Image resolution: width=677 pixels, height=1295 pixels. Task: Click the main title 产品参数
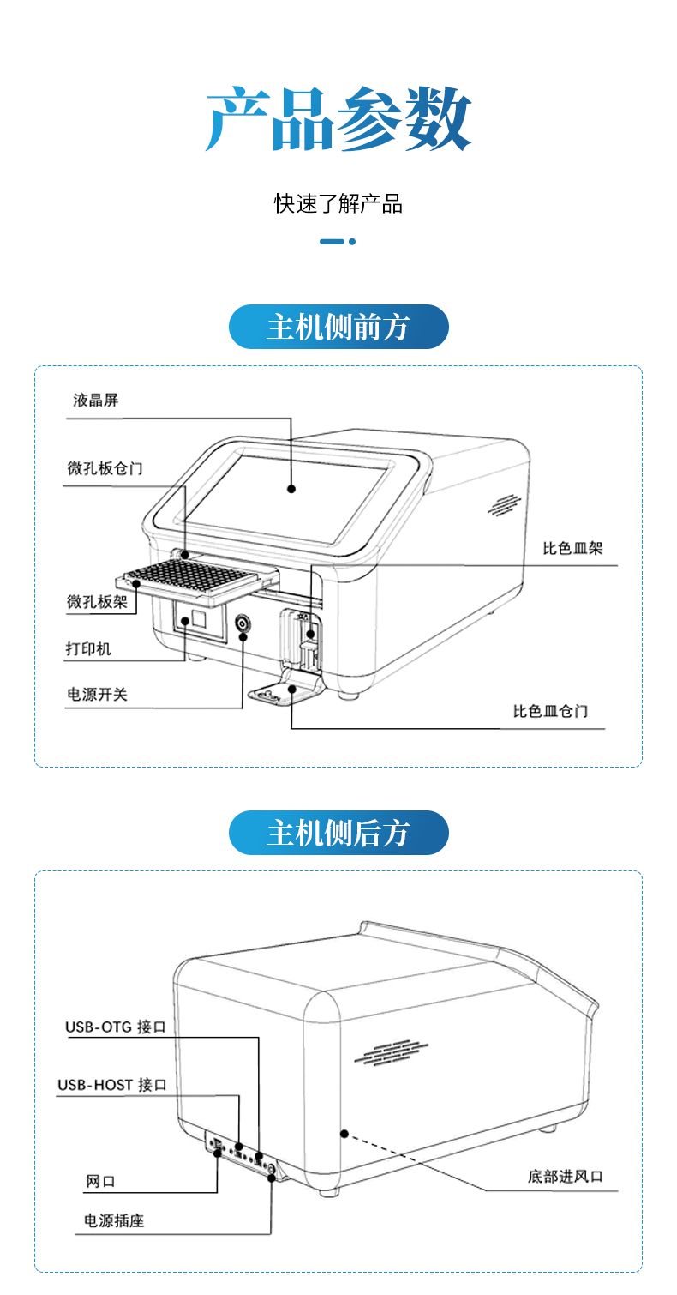pos(338,119)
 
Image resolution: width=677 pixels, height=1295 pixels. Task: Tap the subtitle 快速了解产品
pos(338,203)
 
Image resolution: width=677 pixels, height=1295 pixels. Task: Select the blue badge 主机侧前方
pos(338,327)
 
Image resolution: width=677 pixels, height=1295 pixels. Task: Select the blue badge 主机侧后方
pos(338,833)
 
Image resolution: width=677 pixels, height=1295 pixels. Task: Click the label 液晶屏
pos(95,401)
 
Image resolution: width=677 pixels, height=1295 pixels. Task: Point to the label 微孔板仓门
pos(105,468)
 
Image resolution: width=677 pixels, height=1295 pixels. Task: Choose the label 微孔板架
pos(97,602)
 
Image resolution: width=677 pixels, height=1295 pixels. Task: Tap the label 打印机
pos(89,648)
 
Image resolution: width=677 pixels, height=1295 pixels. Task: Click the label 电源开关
pos(97,694)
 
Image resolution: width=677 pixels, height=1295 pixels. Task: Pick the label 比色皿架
pos(572,548)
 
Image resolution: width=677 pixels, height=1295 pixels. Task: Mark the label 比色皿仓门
pos(550,711)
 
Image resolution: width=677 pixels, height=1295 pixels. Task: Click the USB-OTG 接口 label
pos(115,1027)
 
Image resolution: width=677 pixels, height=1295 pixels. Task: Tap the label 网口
pos(100,1181)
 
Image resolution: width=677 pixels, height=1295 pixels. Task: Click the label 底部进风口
pos(565,1176)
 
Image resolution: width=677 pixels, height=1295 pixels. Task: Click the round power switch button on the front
pos(243,624)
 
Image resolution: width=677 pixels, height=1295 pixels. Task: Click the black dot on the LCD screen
pos(291,489)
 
